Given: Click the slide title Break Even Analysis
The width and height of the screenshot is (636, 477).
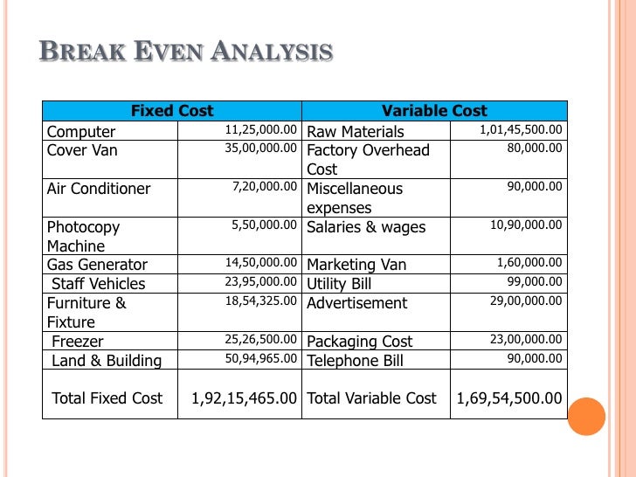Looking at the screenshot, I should [x=186, y=51].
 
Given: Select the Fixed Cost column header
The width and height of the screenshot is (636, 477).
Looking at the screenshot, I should [x=172, y=111].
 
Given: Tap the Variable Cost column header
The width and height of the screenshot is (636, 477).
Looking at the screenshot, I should [x=434, y=111].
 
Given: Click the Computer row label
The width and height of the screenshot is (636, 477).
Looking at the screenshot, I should [x=81, y=132].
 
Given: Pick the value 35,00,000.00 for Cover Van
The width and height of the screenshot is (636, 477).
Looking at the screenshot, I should [x=261, y=149].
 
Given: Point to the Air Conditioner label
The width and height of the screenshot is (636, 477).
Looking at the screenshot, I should [x=99, y=189].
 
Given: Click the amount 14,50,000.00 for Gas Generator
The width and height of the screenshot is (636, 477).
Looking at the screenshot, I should [x=261, y=263].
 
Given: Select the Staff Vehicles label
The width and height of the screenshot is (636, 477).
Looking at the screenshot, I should [x=99, y=284].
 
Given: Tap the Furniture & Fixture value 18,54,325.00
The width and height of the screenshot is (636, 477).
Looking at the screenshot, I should [x=261, y=301].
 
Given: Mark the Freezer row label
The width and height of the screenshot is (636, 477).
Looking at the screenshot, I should [x=78, y=342].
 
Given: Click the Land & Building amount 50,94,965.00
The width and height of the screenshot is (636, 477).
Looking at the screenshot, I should [x=261, y=359].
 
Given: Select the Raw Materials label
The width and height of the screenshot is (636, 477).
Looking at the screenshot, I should [x=356, y=132].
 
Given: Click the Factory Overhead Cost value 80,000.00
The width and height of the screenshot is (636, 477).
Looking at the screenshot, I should [x=535, y=149].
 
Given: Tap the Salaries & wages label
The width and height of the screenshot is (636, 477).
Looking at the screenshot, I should [x=366, y=227].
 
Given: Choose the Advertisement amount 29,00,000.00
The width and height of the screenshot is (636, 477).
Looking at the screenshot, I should [x=525, y=301].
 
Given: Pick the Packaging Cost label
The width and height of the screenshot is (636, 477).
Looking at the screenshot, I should [x=360, y=342].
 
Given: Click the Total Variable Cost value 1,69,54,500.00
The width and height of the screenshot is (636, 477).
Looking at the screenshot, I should [x=510, y=398].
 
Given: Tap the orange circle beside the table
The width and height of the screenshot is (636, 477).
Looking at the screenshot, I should [x=586, y=416].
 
